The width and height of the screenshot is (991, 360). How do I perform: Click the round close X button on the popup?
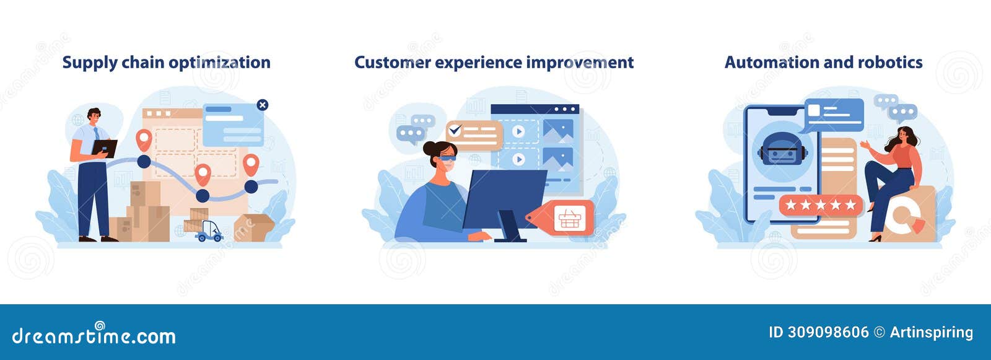263,105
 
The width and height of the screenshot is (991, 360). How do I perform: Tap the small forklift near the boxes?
209,231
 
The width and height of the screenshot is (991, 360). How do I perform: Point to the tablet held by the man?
105,147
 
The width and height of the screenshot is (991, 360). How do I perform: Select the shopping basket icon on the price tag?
568,219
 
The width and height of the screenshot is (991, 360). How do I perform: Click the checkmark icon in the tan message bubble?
455,131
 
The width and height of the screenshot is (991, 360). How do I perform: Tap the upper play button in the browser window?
518,131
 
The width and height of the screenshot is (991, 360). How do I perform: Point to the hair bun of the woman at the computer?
429,148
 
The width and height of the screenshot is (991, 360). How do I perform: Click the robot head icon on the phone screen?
782,151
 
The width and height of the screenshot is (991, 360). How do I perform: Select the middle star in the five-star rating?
821,204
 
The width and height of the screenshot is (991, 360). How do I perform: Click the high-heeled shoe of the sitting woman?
875,237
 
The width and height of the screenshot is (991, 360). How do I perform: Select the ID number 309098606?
828,333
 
